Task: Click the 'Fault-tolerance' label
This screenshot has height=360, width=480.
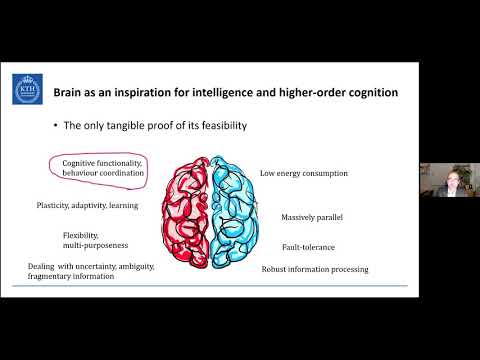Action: [308, 247]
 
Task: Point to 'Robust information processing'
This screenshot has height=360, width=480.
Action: [315, 269]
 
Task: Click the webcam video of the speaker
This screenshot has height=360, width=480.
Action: [449, 180]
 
